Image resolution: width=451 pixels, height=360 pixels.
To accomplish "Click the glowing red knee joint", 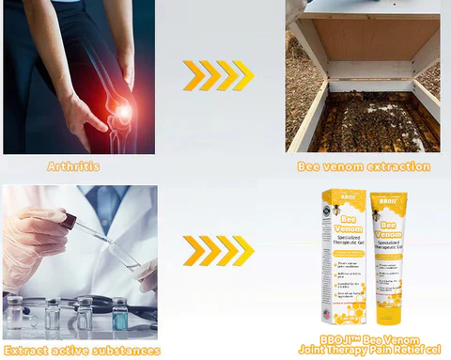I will tap(120, 114).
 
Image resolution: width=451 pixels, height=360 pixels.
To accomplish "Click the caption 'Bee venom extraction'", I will tap(364, 166).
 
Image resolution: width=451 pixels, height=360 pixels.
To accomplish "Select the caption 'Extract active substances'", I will tap(81, 351).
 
